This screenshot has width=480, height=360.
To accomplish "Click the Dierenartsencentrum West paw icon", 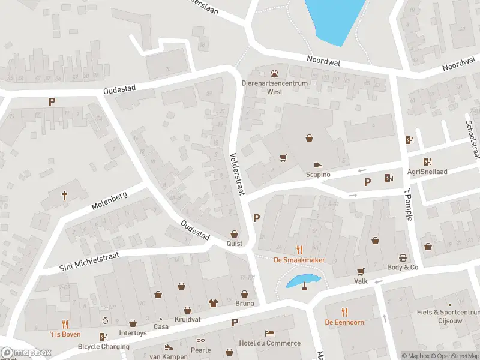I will click(275, 74).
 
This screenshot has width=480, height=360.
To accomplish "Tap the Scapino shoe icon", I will click(318, 164).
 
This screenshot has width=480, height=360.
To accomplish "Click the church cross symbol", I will click(65, 195).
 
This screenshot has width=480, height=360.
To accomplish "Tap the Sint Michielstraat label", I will click(89, 262).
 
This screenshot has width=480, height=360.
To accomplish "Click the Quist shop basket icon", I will click(234, 234).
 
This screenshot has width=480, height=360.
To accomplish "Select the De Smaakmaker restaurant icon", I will click(299, 249).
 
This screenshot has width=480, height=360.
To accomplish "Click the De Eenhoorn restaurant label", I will click(344, 322).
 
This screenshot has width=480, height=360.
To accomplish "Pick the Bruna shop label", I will click(244, 303).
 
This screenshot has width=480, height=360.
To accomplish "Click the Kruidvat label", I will click(186, 319).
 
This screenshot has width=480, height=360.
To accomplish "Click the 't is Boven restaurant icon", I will click(65, 324).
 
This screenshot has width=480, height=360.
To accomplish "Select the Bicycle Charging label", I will click(103, 346).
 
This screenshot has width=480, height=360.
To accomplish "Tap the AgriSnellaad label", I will click(429, 170).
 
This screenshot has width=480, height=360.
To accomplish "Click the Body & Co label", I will click(403, 267).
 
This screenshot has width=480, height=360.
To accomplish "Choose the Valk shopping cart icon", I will click(361, 271).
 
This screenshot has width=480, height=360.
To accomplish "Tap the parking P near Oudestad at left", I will click(52, 101).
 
